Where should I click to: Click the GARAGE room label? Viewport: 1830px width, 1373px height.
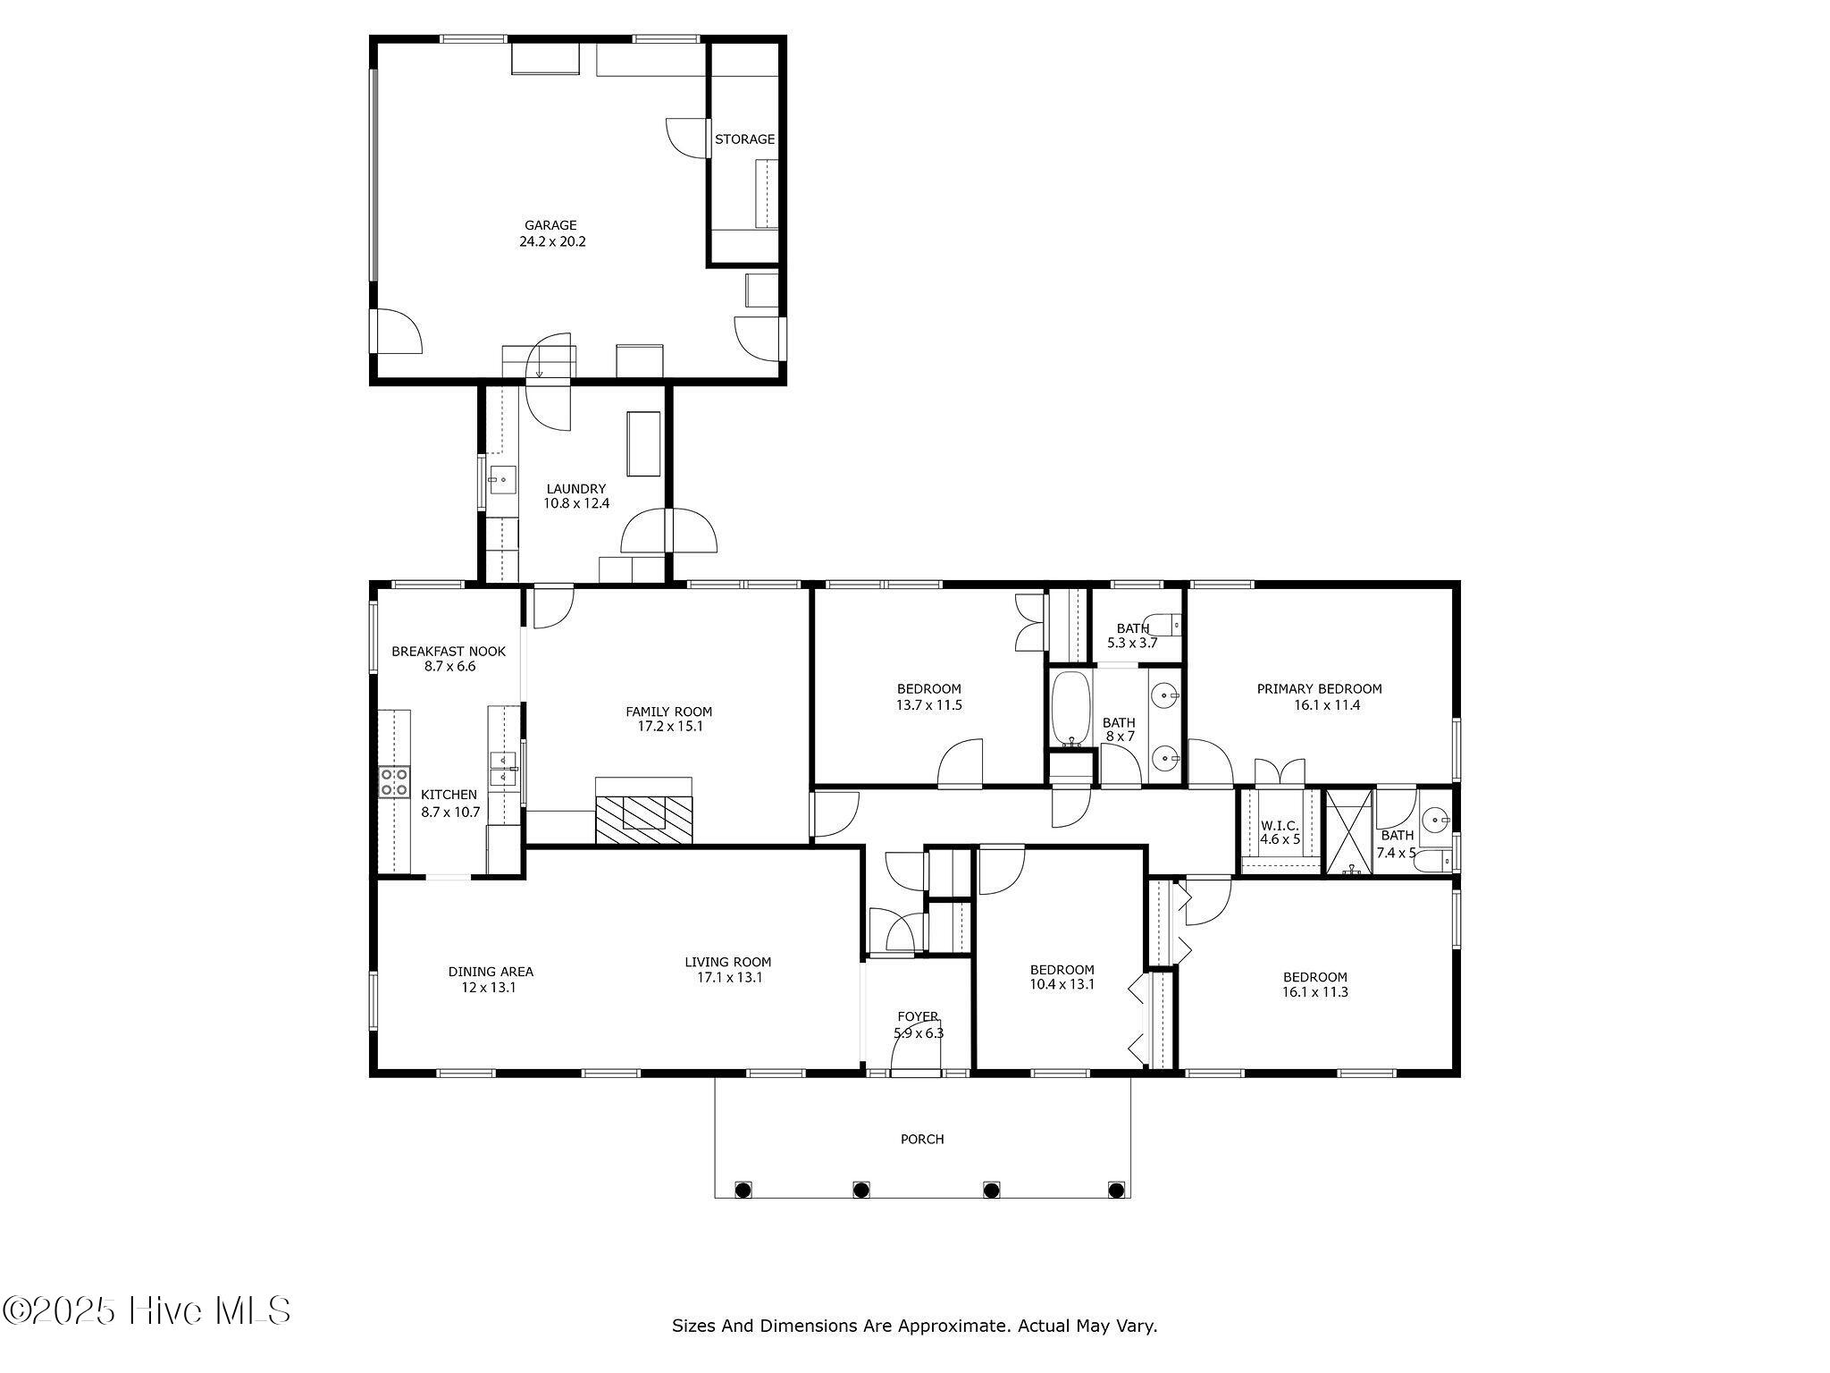[x=550, y=226]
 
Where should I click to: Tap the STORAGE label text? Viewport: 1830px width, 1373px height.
[x=744, y=139]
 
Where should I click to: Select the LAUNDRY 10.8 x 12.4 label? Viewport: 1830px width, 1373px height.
[x=576, y=496]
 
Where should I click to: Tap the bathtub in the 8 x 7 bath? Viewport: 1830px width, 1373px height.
[x=1070, y=709]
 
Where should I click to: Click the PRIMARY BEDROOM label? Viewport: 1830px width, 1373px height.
[x=1319, y=689]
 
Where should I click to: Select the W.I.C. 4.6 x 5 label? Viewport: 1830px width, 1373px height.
[x=1280, y=832]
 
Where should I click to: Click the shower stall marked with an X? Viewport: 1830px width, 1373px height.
[x=1348, y=831]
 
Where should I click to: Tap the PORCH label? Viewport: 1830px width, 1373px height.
[x=922, y=1140]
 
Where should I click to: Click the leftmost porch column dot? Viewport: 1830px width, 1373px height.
[x=742, y=1189]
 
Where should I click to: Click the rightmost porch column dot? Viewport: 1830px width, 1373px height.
[x=1115, y=1189]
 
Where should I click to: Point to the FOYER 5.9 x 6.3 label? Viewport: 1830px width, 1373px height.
[x=919, y=1024]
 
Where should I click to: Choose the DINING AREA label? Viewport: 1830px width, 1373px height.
[x=491, y=972]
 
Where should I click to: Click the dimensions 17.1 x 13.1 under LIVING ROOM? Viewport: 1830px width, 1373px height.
[x=729, y=978]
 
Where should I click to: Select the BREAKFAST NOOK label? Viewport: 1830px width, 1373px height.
[x=449, y=652]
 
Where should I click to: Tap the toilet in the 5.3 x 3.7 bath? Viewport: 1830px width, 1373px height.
[x=1164, y=624]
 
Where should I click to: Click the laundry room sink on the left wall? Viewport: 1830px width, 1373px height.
[x=500, y=480]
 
